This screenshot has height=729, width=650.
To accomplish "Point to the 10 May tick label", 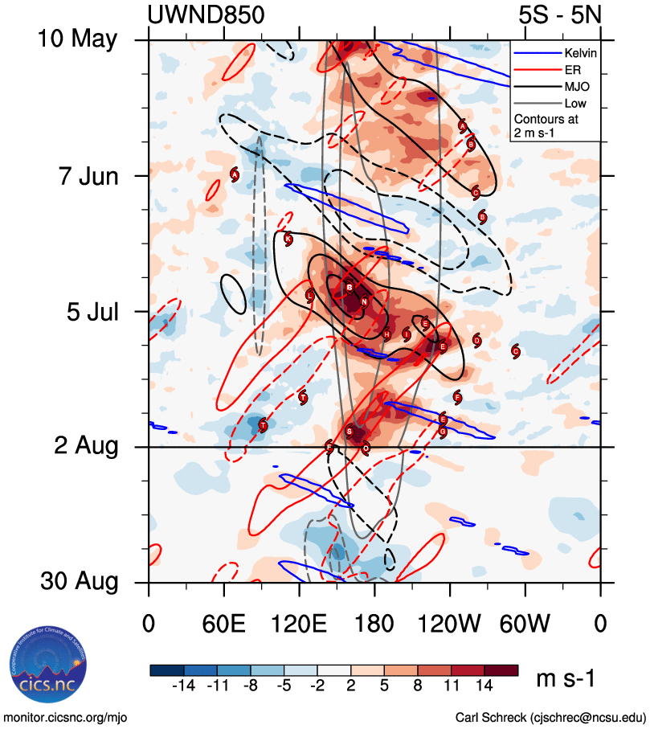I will [x=77, y=39].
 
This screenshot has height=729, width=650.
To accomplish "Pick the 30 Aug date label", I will [x=77, y=582].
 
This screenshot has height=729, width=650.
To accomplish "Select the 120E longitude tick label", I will [x=299, y=624].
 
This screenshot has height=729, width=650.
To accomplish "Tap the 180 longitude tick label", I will [x=374, y=624].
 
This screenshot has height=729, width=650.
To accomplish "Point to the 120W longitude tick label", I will [x=450, y=624].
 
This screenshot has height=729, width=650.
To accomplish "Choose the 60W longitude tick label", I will [x=525, y=624].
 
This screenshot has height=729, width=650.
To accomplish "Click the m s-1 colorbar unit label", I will [x=566, y=679].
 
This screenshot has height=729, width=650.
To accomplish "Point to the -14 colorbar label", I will [x=184, y=686].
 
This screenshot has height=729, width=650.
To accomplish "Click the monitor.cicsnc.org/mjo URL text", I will [x=67, y=717].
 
